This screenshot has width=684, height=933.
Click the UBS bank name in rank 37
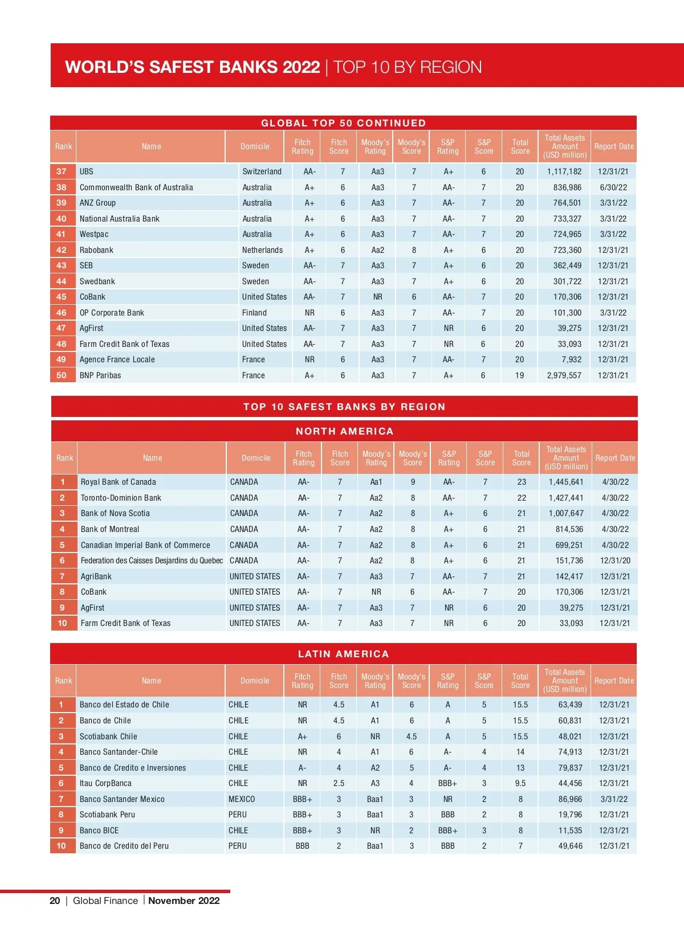pos(87,171)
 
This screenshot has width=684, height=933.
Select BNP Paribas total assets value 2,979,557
pos(564,375)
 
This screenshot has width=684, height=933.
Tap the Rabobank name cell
pos(96,250)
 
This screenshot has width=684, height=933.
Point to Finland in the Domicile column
pos(254,313)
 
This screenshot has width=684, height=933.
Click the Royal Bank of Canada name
pos(119,482)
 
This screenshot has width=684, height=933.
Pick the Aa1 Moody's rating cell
pos(376,482)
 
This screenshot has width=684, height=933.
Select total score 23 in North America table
pos(522,482)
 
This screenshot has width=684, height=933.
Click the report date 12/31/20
pos(615,560)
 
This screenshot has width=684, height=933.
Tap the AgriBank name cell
pos(96,576)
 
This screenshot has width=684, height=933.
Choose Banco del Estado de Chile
pos(124,705)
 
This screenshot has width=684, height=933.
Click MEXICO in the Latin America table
pos(242,799)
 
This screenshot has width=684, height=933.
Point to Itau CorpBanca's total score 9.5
pos(520,783)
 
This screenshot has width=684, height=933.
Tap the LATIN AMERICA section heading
pos(343,654)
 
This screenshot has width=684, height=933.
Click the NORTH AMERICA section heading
pos(344,431)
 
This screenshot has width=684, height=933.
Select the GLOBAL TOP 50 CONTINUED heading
pos(343,123)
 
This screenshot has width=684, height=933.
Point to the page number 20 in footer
pos(55,901)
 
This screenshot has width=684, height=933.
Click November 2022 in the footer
pos(184,901)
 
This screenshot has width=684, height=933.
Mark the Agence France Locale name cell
pos(117,359)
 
